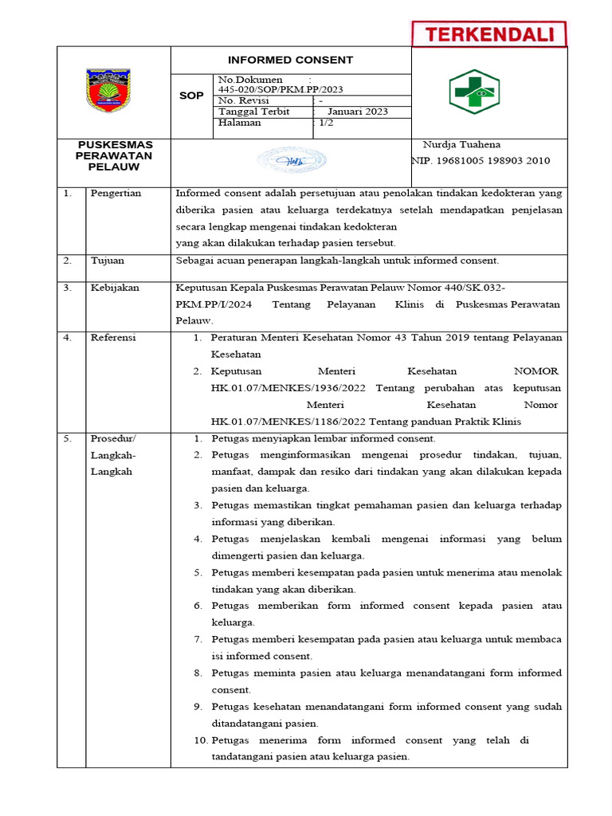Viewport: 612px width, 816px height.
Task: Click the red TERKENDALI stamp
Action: [488, 34]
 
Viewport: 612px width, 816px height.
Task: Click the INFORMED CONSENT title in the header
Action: [290, 60]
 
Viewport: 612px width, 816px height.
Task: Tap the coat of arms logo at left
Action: [114, 91]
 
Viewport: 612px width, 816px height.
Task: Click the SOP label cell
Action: [191, 96]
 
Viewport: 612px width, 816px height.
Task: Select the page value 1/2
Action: [326, 123]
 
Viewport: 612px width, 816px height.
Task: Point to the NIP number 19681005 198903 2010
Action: [481, 160]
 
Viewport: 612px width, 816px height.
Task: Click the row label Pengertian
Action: [116, 194]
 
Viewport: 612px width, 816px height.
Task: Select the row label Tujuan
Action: [108, 261]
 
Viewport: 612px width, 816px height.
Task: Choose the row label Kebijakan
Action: [115, 288]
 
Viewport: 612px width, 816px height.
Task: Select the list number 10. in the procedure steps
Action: [200, 740]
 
